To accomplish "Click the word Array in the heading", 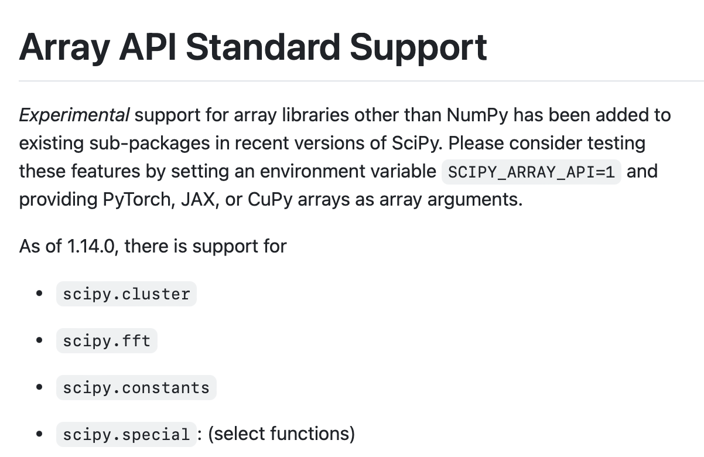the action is tap(65, 48).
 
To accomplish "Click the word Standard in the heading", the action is tap(263, 47).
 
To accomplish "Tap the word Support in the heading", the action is tap(418, 48).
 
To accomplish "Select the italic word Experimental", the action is tap(74, 115).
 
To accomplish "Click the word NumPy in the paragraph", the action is tap(477, 115).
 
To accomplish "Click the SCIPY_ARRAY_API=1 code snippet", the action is tap(531, 172).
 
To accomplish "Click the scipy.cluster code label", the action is tap(127, 294).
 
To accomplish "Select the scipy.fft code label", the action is tap(107, 341).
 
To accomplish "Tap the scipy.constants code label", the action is tap(136, 387).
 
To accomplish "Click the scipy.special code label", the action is tap(127, 434).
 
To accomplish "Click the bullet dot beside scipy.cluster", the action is tap(39, 294).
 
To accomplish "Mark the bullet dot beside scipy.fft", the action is tap(39, 340).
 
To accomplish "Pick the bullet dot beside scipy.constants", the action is tap(39, 387).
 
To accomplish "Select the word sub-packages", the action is tap(149, 144).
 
